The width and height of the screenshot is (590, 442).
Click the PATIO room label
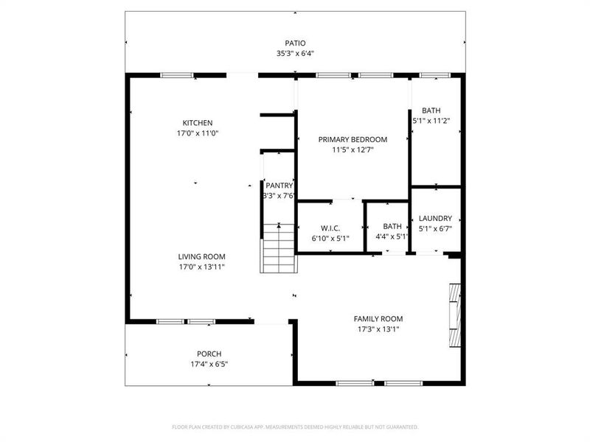click(295, 43)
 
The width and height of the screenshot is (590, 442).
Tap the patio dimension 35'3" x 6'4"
click(295, 54)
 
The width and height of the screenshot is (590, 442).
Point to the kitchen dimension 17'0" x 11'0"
click(198, 134)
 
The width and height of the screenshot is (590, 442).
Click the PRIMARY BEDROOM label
click(353, 139)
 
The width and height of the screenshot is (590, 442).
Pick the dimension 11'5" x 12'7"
click(353, 150)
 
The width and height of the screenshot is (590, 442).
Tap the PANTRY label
click(280, 186)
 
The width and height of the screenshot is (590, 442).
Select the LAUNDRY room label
click(435, 218)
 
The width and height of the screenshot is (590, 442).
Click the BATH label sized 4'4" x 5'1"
click(392, 226)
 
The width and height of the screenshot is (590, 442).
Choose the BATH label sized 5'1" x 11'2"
click(431, 110)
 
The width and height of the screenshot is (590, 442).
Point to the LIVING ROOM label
click(201, 256)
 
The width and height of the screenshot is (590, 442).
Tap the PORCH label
click(209, 354)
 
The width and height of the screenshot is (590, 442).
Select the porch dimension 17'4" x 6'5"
click(209, 364)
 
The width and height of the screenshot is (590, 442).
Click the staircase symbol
click(278, 248)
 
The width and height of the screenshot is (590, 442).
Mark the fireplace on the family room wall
click(455, 315)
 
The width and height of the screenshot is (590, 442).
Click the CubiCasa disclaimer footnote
click(295, 427)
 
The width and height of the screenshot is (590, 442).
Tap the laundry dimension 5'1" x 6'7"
click(435, 228)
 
